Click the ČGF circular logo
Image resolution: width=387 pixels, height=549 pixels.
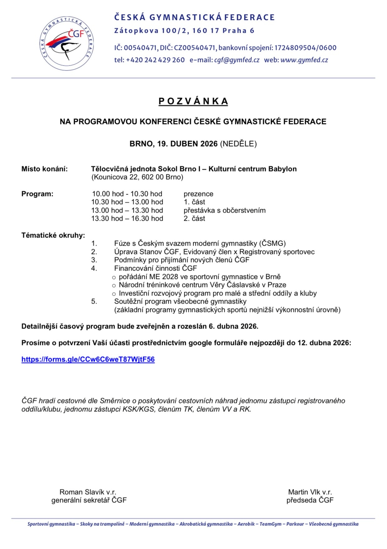click(x=67, y=44)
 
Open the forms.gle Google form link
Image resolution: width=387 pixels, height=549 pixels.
click(x=88, y=359)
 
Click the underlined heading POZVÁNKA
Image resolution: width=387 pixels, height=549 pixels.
click(x=193, y=101)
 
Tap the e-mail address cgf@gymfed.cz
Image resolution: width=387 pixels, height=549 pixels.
click(x=236, y=60)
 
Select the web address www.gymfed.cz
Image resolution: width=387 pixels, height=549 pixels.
click(x=304, y=60)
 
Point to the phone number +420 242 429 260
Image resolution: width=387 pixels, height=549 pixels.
click(x=155, y=60)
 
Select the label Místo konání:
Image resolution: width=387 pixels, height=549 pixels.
click(x=45, y=169)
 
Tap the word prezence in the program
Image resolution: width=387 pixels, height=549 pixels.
click(x=198, y=194)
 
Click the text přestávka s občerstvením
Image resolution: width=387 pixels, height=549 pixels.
click(x=224, y=210)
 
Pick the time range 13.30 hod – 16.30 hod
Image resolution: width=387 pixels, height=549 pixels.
click(x=127, y=218)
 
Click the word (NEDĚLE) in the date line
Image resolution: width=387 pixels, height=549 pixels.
click(x=238, y=144)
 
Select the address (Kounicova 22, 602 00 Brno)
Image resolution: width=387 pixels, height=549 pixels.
click(x=137, y=177)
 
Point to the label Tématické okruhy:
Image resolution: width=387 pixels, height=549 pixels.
click(x=53, y=235)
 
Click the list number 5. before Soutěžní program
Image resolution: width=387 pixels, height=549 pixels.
click(x=94, y=301)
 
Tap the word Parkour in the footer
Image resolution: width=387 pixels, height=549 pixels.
click(x=295, y=524)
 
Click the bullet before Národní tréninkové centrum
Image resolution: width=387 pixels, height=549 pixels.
click(x=114, y=285)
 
